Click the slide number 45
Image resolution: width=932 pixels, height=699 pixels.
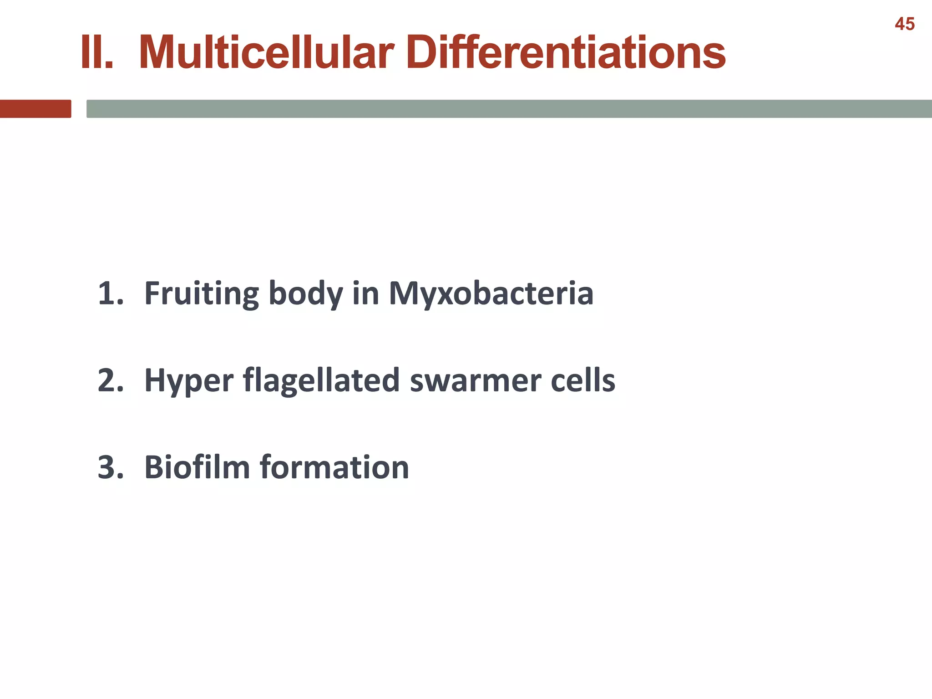904,24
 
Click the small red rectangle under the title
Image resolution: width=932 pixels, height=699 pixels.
35,109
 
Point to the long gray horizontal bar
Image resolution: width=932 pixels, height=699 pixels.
509,109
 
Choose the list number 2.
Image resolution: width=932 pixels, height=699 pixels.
111,380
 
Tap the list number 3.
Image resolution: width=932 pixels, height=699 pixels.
111,467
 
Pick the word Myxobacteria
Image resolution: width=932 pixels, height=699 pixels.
491,294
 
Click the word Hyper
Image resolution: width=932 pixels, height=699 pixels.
188,381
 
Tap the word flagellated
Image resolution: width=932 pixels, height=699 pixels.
321,381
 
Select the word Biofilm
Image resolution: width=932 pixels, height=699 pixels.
197,467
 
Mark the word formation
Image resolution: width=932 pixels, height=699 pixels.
334,467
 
